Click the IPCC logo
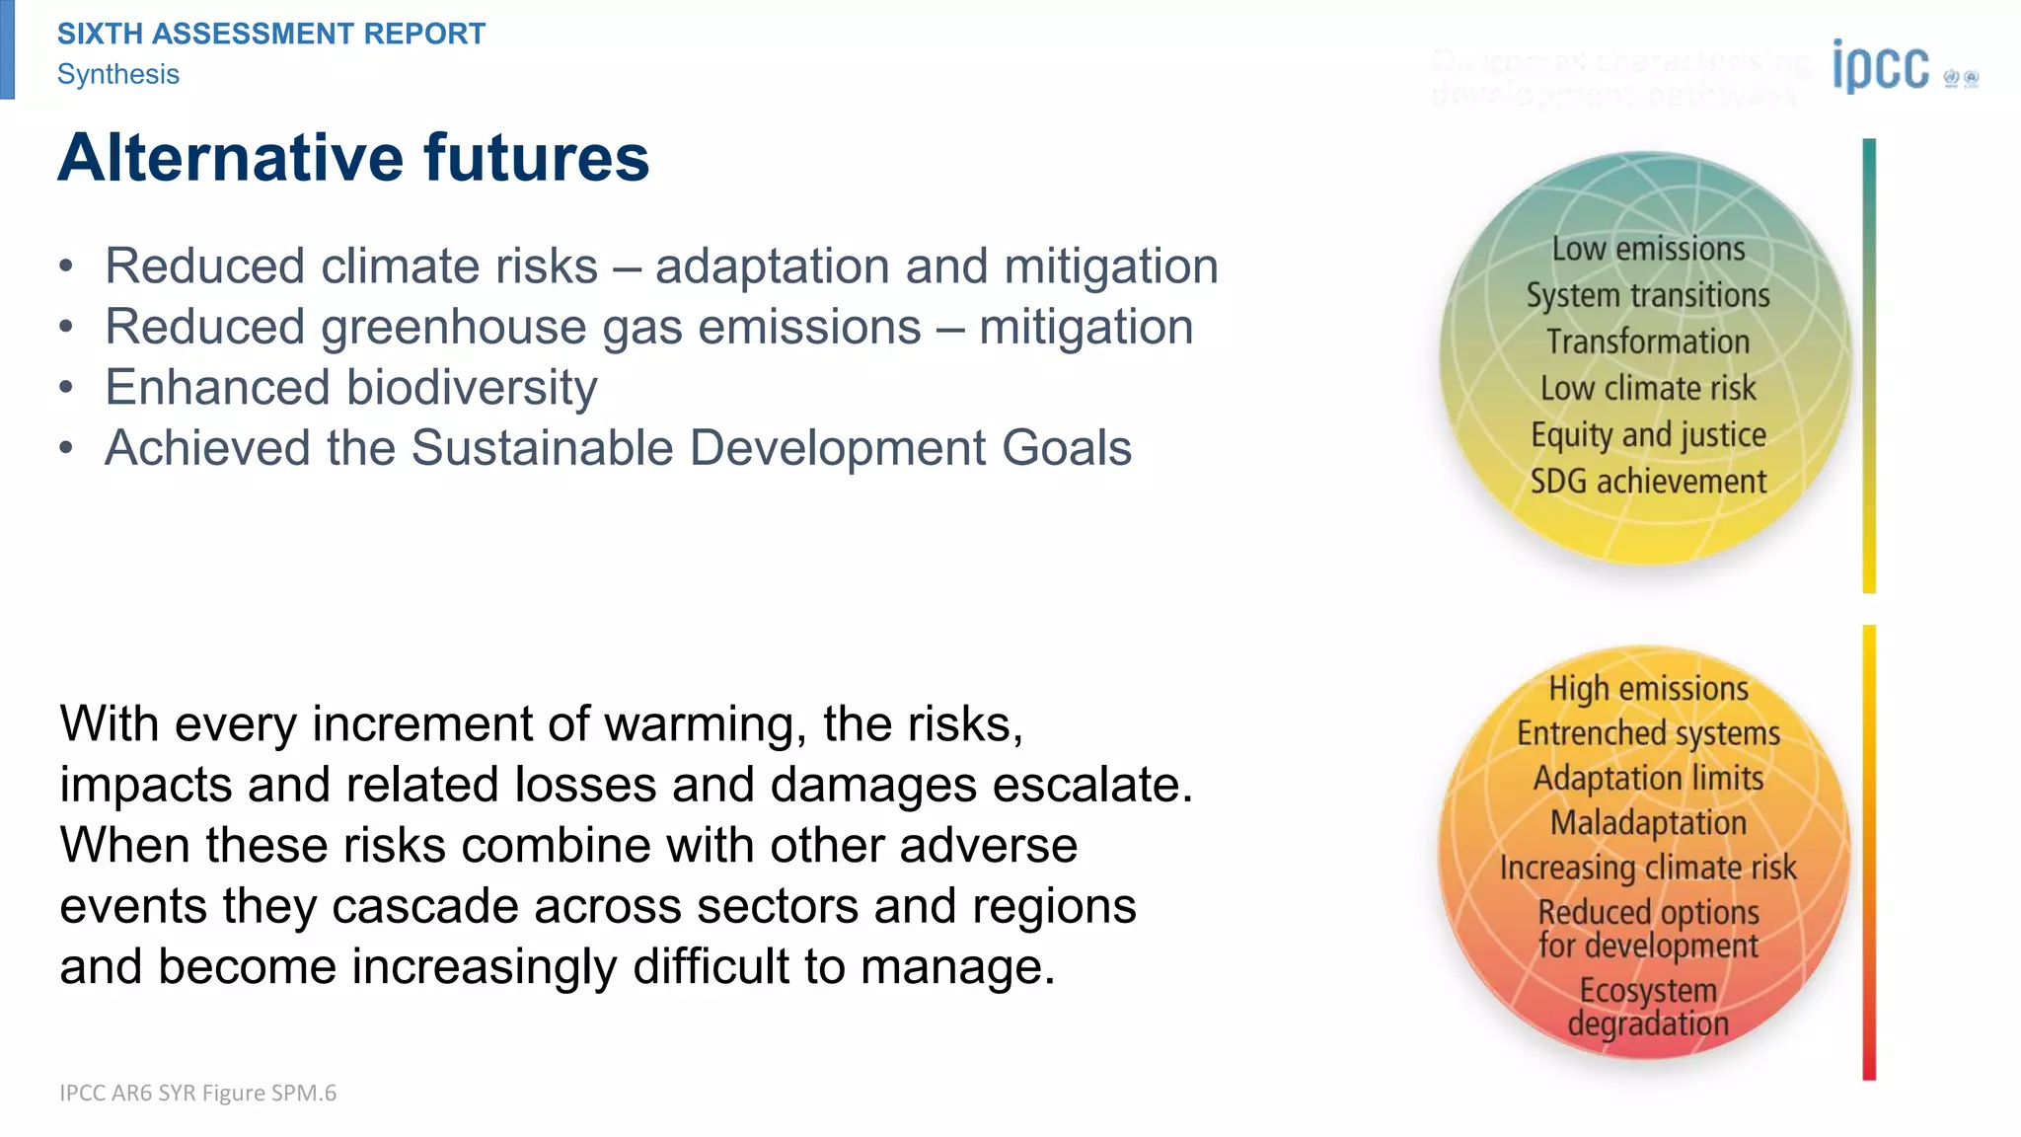1881,67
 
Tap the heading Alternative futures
353,158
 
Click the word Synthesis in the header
118,74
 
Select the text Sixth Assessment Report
271,34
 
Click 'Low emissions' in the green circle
1648,250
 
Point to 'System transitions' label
1648,295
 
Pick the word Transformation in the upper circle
1648,341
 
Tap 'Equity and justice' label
1648,435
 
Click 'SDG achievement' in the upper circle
1648,482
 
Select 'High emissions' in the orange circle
1648,688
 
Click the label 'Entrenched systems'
1648,733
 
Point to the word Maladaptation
1648,822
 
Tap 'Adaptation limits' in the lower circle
1648,778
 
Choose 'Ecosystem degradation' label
1648,1007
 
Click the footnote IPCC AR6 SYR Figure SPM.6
197,1093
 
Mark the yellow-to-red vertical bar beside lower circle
1869,852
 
